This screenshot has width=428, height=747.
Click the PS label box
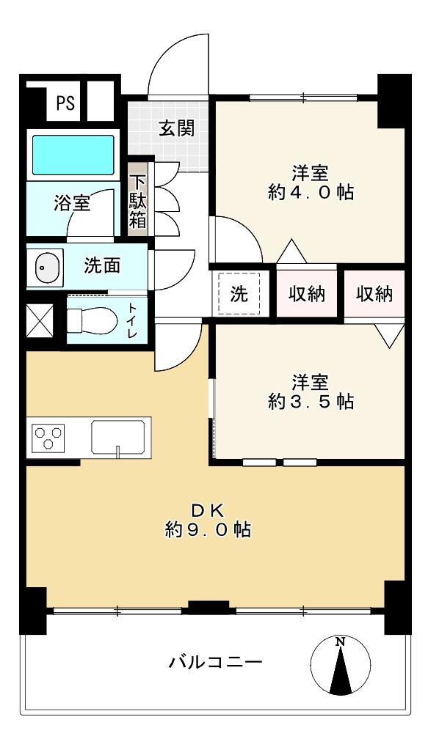coord(65,103)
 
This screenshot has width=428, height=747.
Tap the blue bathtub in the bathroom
coord(73,153)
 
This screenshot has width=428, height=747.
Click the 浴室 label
coord(72,204)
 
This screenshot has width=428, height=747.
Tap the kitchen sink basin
coord(118,438)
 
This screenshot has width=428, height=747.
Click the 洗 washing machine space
coord(239,294)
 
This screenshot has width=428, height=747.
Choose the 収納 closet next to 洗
coord(306,294)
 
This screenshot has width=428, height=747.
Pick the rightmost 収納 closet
coord(374,294)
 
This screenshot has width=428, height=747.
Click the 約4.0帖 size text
coord(310,193)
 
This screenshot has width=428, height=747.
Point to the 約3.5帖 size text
coord(310,401)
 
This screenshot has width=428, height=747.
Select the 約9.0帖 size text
coord(208,530)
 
